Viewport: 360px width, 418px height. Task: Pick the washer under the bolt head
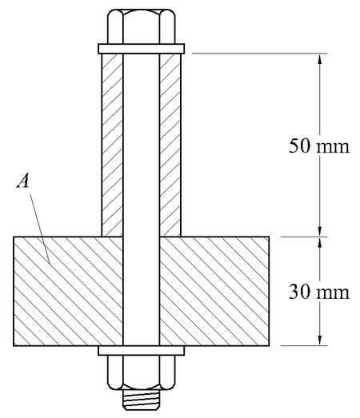[141, 48]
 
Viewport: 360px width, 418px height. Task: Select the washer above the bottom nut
[141, 350]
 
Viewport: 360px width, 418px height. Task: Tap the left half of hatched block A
[68, 291]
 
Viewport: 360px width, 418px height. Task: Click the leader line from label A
[40, 224]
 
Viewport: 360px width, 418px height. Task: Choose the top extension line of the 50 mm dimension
[256, 54]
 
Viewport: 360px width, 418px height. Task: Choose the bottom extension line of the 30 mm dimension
[256, 345]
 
